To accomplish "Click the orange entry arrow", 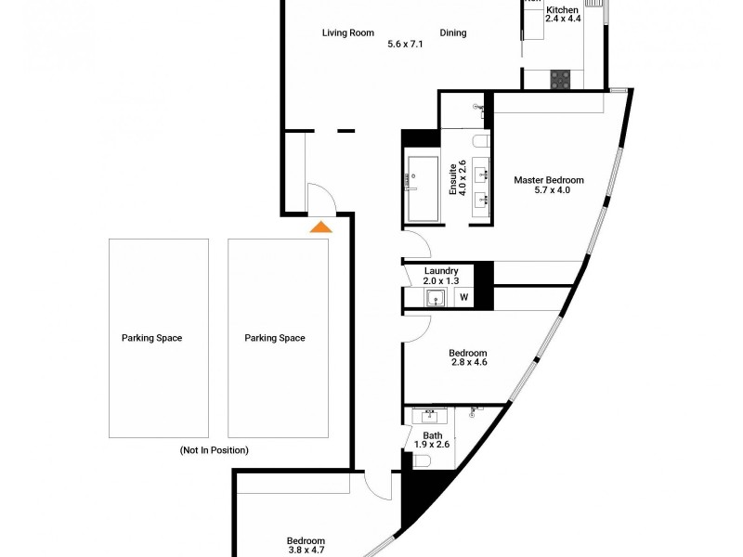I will click(320, 226).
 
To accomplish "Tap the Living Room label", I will click(348, 33).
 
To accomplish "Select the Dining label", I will click(453, 33).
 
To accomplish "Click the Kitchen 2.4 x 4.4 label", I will click(563, 13).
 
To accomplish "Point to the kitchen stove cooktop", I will click(560, 80).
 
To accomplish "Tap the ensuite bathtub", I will click(423, 189).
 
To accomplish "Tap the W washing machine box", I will click(463, 298).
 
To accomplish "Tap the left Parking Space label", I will click(151, 338).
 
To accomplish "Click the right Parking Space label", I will click(275, 338).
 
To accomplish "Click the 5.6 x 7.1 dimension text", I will click(406, 44).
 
